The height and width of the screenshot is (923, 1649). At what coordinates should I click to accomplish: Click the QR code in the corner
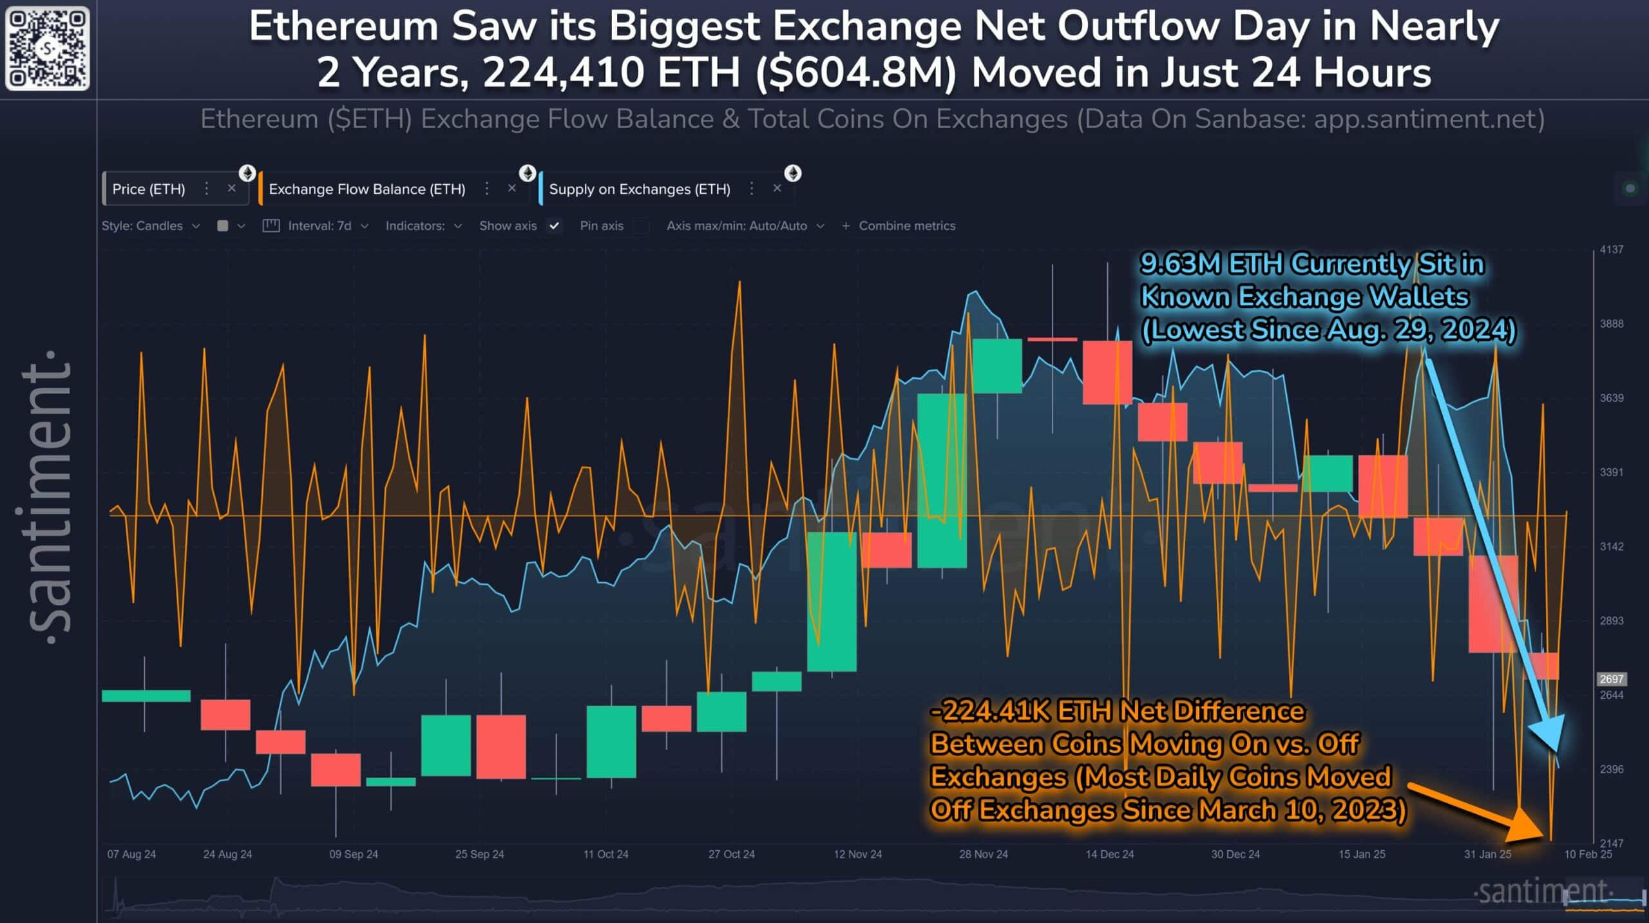click(x=47, y=48)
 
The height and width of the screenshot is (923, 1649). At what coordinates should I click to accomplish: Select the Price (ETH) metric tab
click(x=149, y=189)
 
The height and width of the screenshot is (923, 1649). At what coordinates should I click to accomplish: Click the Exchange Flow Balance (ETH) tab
click(x=367, y=189)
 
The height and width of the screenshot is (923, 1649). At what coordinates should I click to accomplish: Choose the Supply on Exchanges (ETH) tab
click(x=639, y=189)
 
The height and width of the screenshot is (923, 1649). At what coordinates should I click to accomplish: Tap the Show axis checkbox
click(x=554, y=226)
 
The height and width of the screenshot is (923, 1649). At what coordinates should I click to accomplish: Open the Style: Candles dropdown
click(x=150, y=226)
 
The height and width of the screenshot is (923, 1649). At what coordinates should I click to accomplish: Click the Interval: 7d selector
click(x=319, y=226)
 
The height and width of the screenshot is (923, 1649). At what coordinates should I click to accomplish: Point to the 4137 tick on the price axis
click(x=1612, y=250)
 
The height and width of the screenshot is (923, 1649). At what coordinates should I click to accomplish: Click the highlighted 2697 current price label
click(x=1611, y=679)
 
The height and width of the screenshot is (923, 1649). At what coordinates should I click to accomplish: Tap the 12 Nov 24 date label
click(x=857, y=854)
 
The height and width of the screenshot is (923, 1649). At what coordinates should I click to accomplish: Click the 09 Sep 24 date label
click(x=354, y=854)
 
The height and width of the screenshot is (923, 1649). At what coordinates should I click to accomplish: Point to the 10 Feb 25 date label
click(x=1588, y=854)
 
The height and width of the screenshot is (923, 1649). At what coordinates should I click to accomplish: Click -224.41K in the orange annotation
click(x=989, y=712)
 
